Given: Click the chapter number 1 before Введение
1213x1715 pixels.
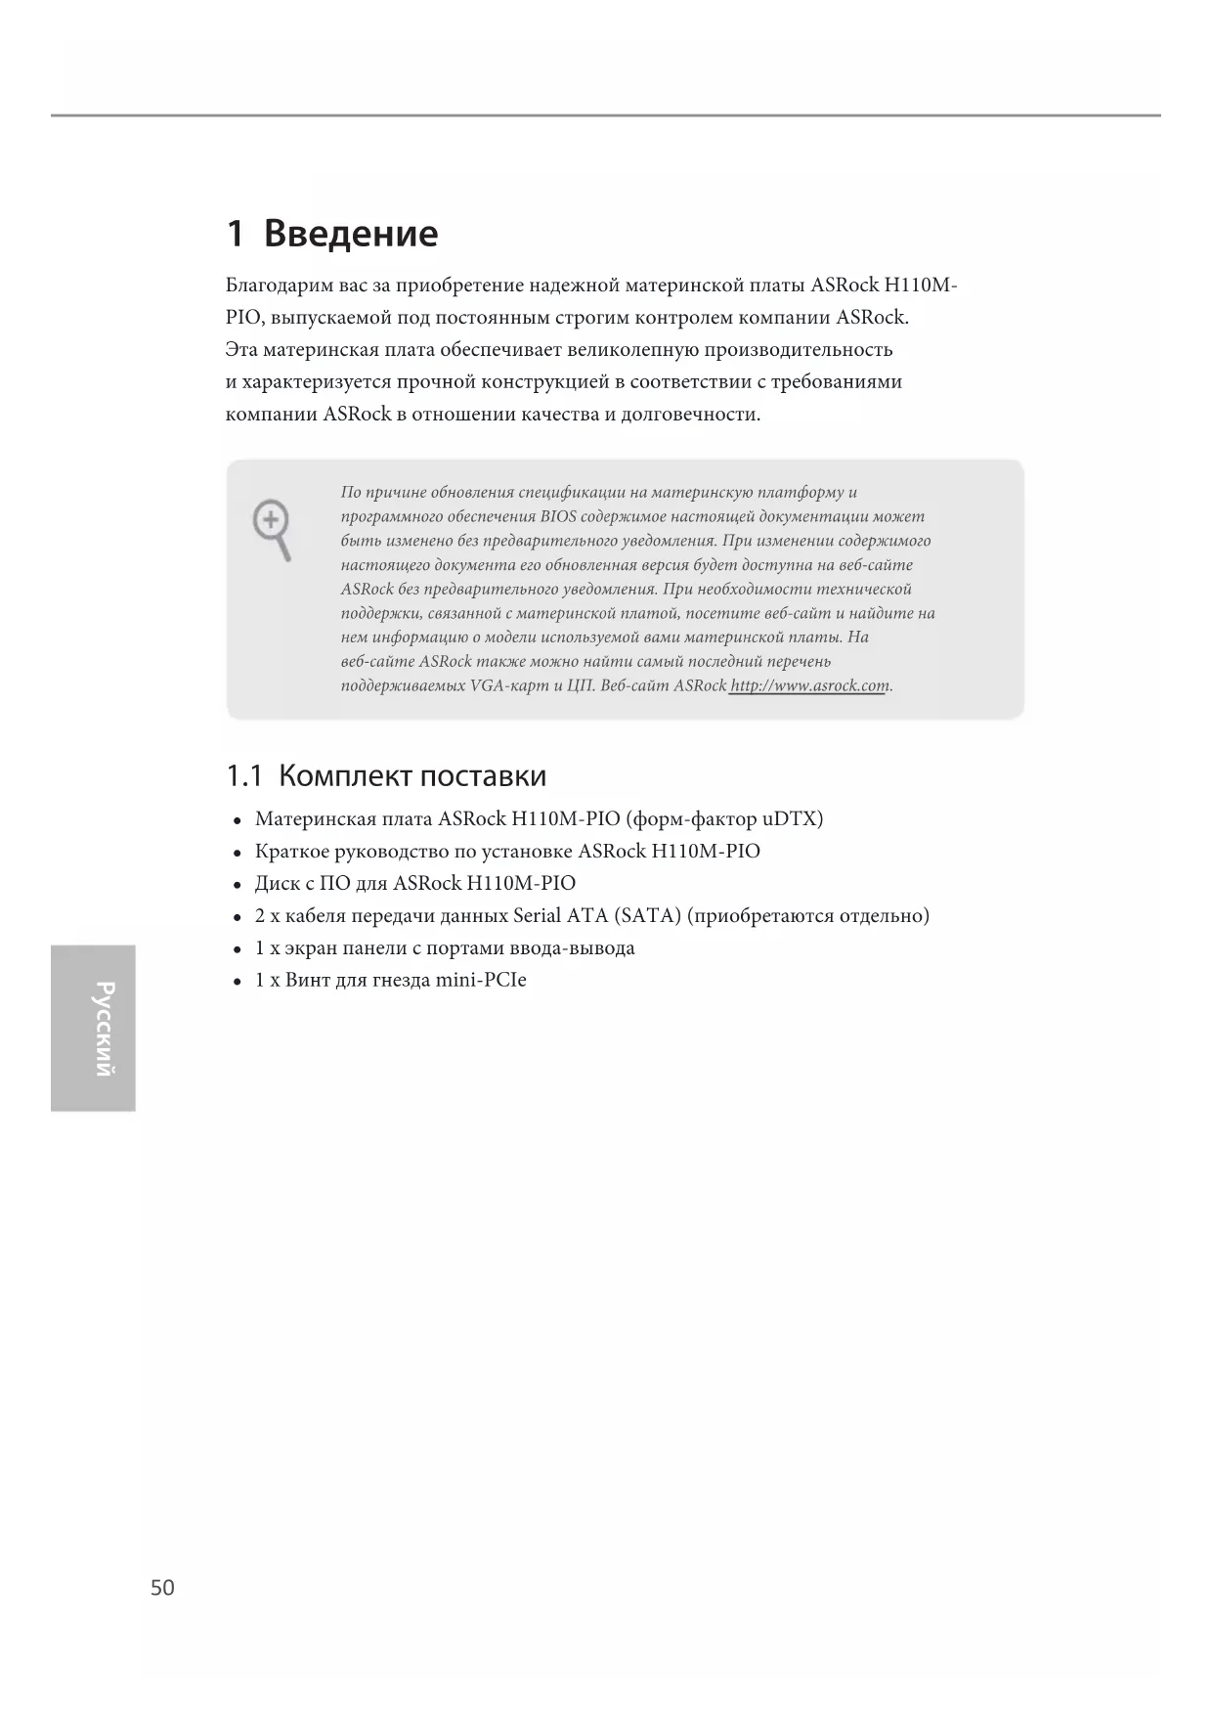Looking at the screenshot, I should [235, 234].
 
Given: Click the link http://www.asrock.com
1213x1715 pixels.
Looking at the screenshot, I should [810, 685].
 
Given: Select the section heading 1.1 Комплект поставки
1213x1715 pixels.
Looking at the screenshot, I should [386, 776].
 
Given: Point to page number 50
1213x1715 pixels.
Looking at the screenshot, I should [162, 1587].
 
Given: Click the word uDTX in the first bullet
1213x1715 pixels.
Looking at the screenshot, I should [793, 818].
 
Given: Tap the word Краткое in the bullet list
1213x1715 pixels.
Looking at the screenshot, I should [291, 852].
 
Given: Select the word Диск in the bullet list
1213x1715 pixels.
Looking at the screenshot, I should [277, 884].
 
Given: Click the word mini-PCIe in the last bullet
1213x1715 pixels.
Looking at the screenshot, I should [481, 980].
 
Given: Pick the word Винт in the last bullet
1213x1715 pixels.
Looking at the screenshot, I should [307, 980].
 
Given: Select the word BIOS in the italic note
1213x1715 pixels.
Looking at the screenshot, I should [558, 516].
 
